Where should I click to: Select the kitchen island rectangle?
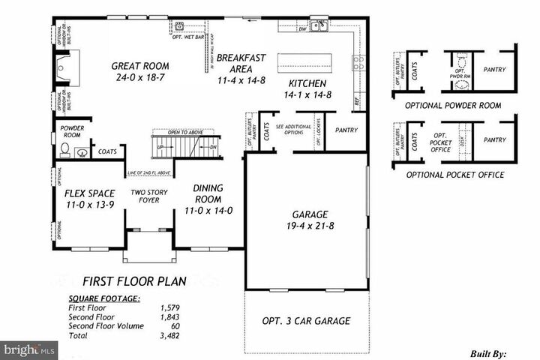pos(305,61)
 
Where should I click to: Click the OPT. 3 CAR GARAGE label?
pos(305,321)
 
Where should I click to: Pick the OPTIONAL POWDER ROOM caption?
pos(452,106)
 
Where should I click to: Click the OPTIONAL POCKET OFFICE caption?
pos(454,175)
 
